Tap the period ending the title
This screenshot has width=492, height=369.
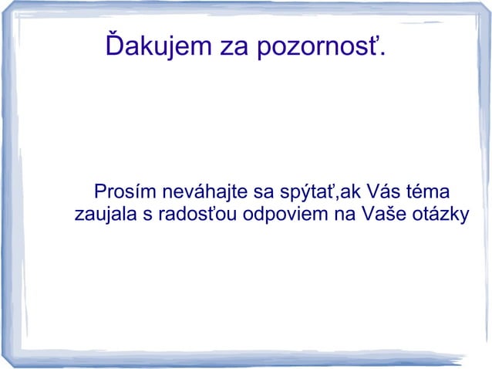pyautogui.click(x=385, y=57)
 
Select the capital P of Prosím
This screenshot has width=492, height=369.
pyautogui.click(x=97, y=191)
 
